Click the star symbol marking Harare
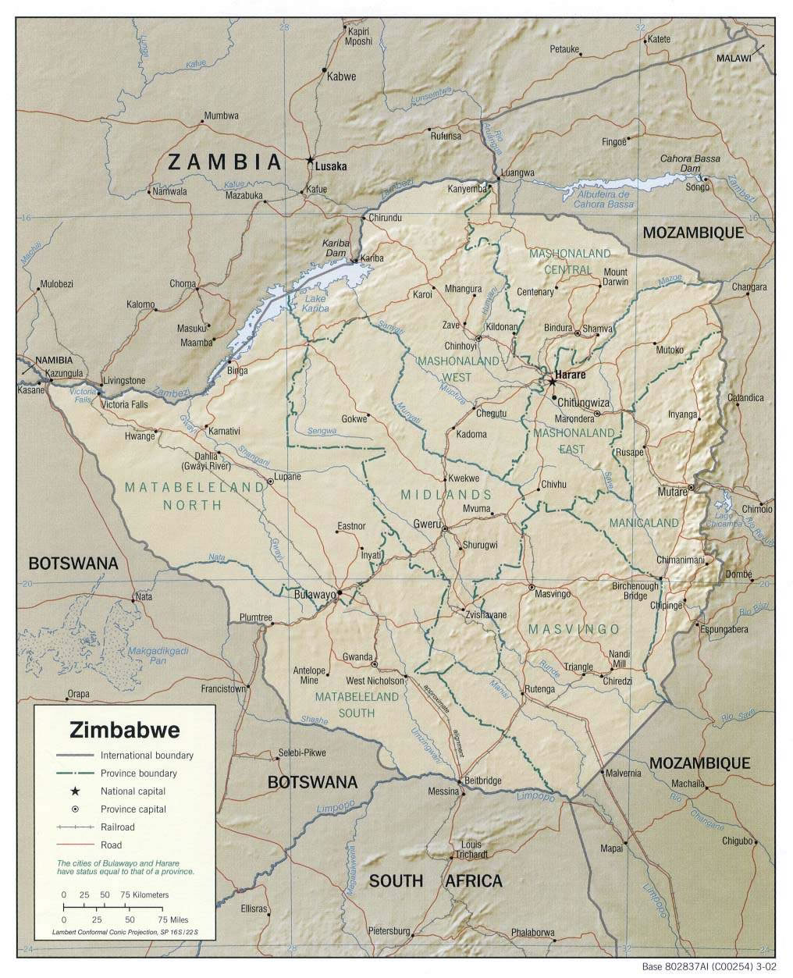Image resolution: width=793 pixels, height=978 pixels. coord(552,382)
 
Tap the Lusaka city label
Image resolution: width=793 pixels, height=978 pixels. coord(332,166)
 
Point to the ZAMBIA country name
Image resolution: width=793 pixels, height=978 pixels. coord(225,162)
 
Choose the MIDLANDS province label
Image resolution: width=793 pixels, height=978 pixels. coord(446,495)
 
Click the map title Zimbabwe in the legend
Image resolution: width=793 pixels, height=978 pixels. coord(125,731)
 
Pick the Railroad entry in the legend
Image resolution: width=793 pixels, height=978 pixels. coord(117,827)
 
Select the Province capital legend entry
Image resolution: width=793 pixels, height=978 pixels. coord(133,809)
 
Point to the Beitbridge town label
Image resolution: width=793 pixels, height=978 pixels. coord(482,781)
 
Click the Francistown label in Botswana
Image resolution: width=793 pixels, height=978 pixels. coord(223,689)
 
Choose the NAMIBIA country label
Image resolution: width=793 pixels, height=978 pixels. coord(52,360)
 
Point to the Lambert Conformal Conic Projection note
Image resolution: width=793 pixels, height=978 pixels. coord(125,933)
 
